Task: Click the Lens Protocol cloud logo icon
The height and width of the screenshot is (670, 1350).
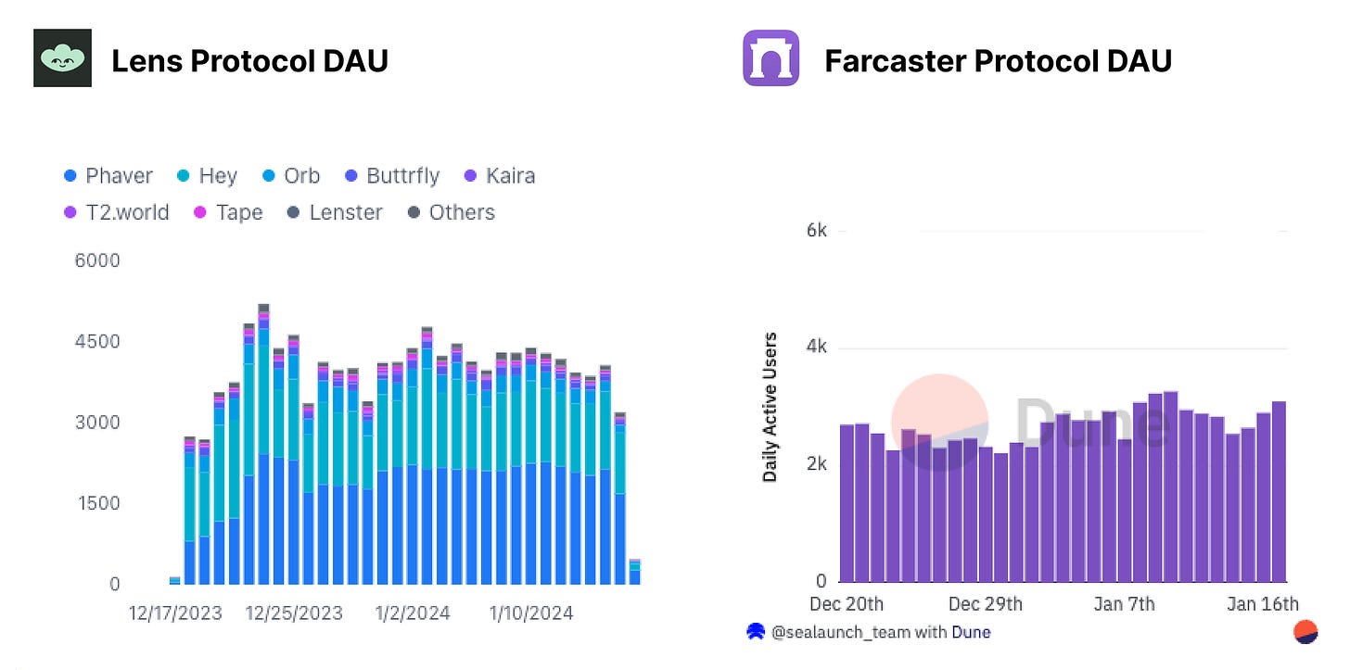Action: point(62,58)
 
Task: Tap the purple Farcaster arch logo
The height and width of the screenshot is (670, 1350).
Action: point(771,58)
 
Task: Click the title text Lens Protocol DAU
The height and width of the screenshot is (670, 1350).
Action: point(249,61)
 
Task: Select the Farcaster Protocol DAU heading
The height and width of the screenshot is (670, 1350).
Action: point(998,61)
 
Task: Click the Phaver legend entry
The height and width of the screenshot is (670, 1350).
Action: point(108,176)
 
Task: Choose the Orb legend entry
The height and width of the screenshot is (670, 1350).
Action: point(290,176)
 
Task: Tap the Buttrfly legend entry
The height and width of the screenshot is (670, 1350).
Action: point(390,176)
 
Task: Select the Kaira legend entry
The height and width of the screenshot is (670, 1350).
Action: point(498,176)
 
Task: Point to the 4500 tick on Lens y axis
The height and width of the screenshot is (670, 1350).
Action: point(97,341)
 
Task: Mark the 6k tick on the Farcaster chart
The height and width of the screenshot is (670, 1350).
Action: point(816,230)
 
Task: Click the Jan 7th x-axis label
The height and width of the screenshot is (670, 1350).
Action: point(1124,604)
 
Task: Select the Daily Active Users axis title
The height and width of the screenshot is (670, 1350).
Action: point(770,407)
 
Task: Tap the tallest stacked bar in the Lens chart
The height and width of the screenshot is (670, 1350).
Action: point(263,445)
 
